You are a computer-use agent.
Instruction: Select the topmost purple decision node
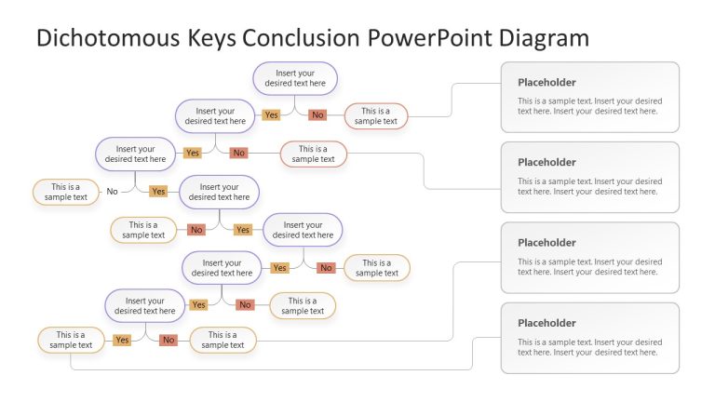click(x=295, y=78)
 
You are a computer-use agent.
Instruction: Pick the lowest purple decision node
click(x=144, y=306)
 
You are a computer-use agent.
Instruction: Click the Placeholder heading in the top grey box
click(x=546, y=82)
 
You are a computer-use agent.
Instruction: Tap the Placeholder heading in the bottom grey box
click(x=546, y=323)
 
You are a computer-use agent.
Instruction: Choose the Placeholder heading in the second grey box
click(x=546, y=162)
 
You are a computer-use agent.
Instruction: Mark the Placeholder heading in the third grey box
click(x=546, y=243)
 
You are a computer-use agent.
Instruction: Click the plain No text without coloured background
click(x=112, y=192)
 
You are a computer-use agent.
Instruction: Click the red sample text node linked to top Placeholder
click(x=376, y=116)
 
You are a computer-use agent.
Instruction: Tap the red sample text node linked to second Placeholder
click(x=313, y=154)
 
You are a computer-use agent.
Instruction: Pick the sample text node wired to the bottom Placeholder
click(x=71, y=340)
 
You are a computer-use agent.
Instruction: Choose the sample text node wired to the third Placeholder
click(x=223, y=340)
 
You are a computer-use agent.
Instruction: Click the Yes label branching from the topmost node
click(x=271, y=115)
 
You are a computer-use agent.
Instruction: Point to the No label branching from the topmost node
click(x=317, y=115)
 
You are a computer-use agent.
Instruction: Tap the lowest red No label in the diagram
click(x=169, y=340)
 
